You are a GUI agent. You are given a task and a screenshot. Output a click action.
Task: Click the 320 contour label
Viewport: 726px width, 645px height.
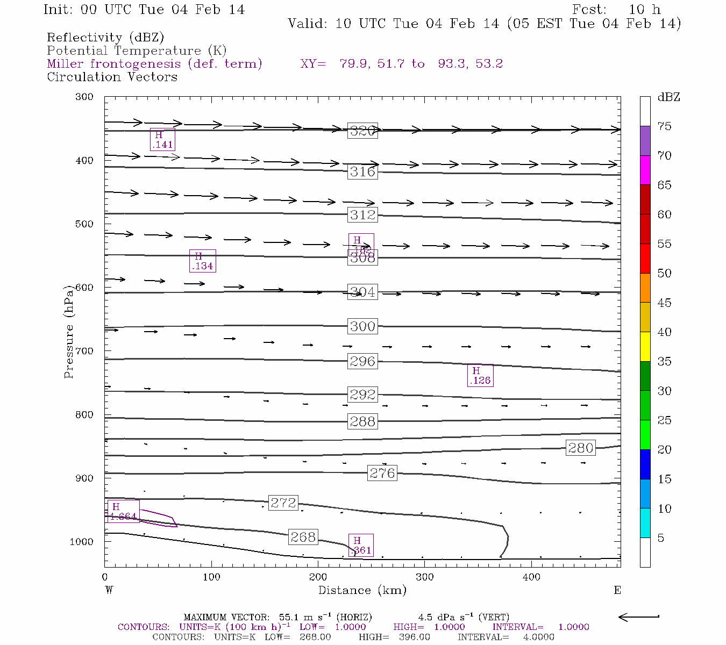(362, 131)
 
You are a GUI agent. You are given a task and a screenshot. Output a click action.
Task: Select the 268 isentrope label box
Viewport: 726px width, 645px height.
(303, 537)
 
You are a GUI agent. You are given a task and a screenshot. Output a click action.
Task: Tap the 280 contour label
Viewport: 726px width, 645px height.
(581, 448)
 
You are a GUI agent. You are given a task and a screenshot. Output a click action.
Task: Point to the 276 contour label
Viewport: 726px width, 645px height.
(382, 473)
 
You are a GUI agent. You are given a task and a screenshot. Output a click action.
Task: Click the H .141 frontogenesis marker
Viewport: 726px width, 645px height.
(162, 140)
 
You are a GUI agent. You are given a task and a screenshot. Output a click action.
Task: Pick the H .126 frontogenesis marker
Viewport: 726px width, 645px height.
(480, 376)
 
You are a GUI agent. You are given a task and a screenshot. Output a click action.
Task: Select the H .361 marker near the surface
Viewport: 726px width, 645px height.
(360, 545)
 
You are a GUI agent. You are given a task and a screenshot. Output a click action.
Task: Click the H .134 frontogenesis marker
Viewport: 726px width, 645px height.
(202, 261)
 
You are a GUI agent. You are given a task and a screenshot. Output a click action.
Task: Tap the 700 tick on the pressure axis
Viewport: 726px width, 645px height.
(84, 351)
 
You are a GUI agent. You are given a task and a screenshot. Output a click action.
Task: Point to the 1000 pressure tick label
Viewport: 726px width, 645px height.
(81, 542)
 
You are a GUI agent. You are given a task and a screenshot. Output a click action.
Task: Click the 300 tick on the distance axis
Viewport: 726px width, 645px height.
(425, 577)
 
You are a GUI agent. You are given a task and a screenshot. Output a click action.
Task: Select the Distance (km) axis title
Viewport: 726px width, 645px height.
(362, 590)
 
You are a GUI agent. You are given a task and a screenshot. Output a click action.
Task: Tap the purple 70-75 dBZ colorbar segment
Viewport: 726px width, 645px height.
(645, 141)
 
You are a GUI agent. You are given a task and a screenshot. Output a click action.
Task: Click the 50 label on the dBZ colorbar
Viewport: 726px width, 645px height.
(664, 274)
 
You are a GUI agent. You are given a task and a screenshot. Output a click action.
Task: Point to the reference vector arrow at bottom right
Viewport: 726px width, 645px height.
(639, 617)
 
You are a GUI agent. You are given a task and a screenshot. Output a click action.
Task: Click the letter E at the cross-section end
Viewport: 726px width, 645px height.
(617, 590)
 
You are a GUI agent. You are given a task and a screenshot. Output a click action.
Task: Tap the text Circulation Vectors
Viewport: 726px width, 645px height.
(112, 77)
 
